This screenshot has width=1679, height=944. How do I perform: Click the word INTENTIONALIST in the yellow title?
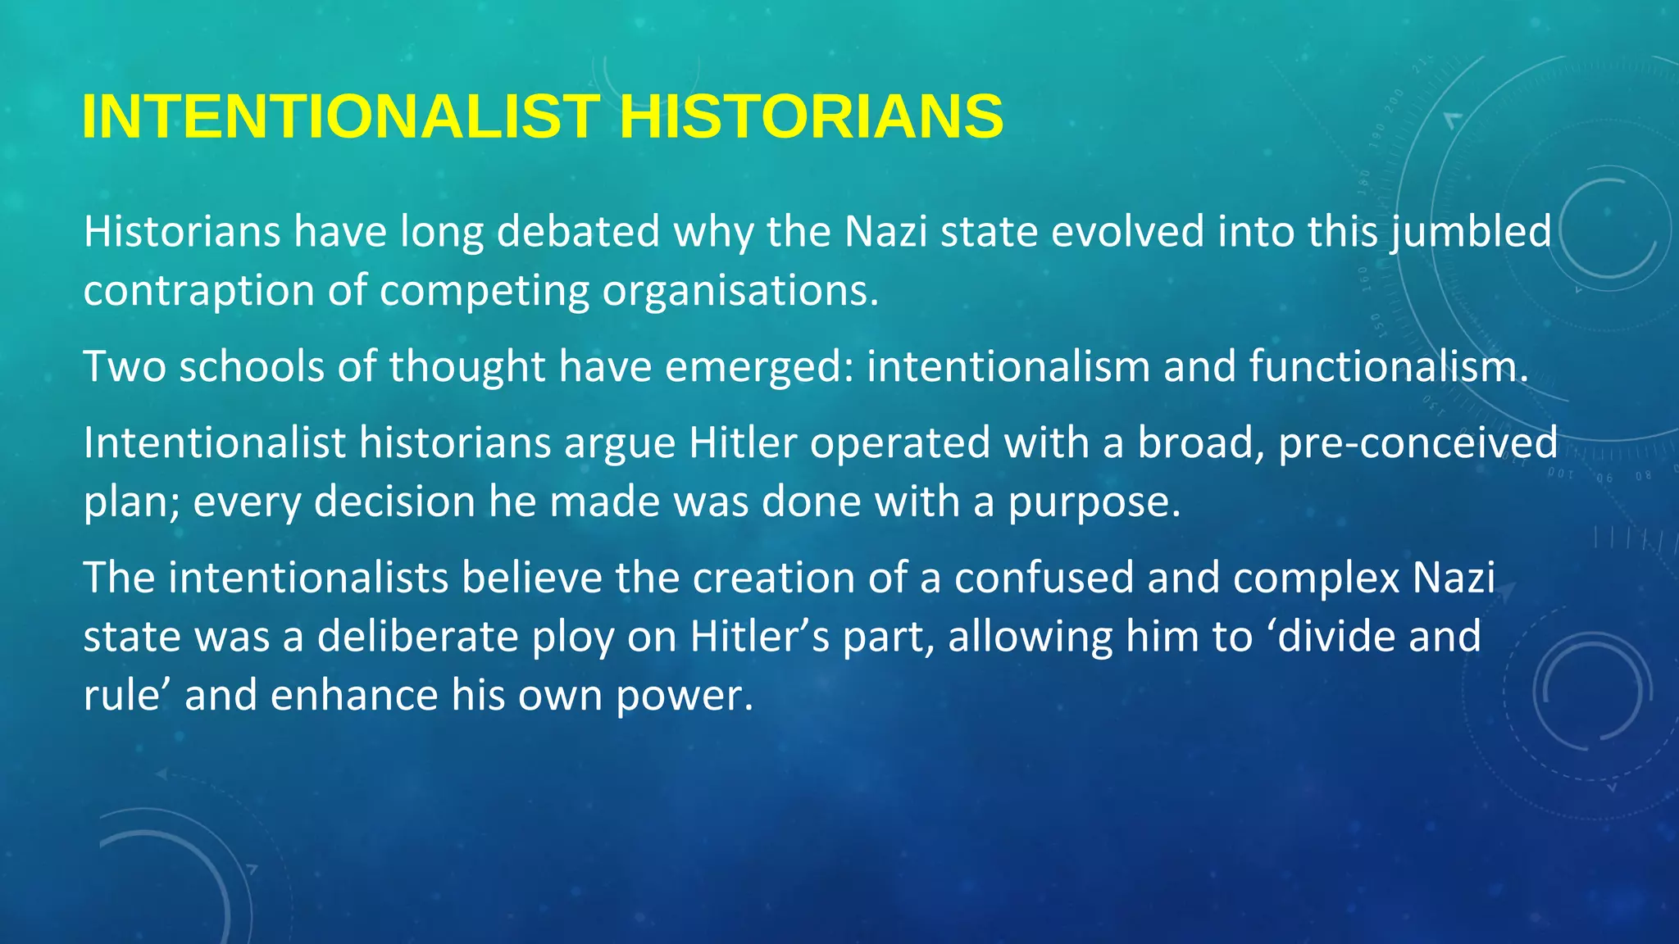coord(341,116)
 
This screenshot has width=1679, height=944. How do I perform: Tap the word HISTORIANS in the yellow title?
coord(811,116)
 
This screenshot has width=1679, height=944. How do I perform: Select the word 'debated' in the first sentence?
coord(578,232)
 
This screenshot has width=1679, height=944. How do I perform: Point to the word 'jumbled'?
coord(1471,232)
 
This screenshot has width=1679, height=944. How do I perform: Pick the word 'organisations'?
coord(739,291)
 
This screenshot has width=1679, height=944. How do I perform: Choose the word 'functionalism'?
coord(1388,366)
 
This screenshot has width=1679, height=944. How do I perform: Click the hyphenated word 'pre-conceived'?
coord(1417,443)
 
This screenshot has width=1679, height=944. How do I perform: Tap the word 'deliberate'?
coord(418,637)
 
